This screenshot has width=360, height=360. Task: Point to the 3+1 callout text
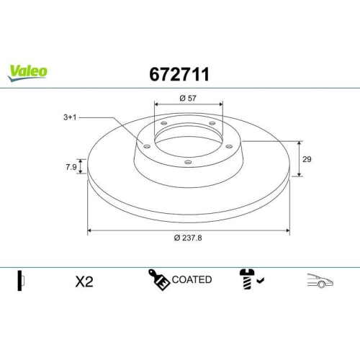(69, 115)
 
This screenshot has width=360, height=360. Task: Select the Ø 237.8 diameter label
(188, 239)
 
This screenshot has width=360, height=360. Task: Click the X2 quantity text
(84, 282)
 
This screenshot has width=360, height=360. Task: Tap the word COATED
(192, 279)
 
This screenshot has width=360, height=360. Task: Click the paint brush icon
(160, 280)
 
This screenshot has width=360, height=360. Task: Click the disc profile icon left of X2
(22, 282)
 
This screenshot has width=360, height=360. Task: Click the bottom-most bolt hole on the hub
(188, 163)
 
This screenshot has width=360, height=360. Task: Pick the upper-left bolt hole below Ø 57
(163, 124)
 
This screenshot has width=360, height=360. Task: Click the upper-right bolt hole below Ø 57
(212, 124)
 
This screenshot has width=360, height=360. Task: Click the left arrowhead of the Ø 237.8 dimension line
(90, 231)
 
